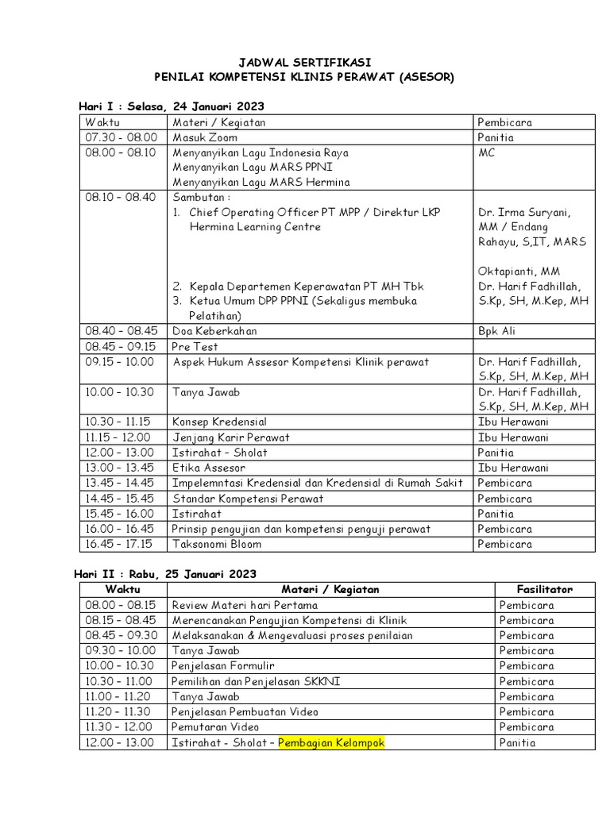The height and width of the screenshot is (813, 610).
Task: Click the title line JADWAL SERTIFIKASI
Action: pyautogui.click(x=306, y=62)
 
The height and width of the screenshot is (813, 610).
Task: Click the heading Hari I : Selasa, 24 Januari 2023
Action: pyautogui.click(x=171, y=106)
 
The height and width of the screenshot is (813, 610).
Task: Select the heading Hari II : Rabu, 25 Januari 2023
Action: pyautogui.click(x=165, y=574)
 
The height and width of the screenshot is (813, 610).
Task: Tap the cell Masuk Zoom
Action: pyautogui.click(x=205, y=137)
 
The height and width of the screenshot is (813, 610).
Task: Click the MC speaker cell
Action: pyautogui.click(x=486, y=152)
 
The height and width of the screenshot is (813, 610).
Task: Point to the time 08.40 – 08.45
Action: pyautogui.click(x=121, y=331)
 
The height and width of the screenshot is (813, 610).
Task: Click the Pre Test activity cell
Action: pyautogui.click(x=195, y=347)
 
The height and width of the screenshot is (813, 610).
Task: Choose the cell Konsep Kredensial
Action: pyautogui.click(x=219, y=422)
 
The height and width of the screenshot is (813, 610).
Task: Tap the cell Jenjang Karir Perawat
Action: pyautogui.click(x=230, y=437)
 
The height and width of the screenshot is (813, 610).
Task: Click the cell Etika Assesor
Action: pyautogui.click(x=208, y=468)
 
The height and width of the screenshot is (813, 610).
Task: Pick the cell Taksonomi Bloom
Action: pyautogui.click(x=216, y=544)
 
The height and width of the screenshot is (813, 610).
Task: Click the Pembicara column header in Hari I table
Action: pyautogui.click(x=504, y=122)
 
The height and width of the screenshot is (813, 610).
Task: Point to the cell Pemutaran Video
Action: pyautogui.click(x=215, y=727)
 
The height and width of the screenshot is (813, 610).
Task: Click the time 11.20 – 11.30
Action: pyautogui.click(x=121, y=712)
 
